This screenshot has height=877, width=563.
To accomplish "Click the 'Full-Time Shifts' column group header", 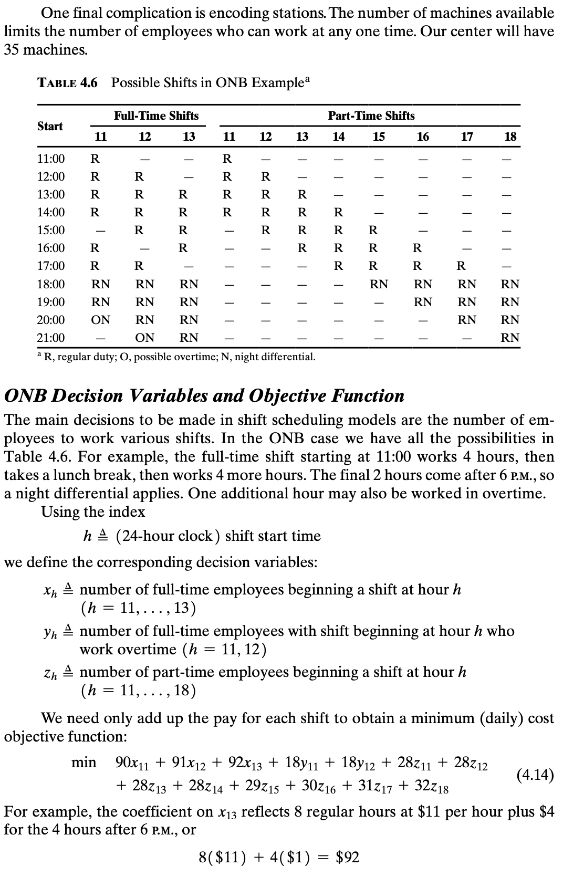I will pos(156,116).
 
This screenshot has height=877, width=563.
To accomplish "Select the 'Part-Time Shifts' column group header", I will pos(371,116).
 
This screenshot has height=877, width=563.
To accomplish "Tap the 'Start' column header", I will pos(50,126).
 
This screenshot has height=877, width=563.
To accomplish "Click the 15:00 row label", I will pos(51,230).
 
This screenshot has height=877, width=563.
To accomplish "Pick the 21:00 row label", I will pos(51,338).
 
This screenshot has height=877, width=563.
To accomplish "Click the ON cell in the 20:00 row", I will pos(100,320).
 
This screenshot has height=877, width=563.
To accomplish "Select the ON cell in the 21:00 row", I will pos(145,338).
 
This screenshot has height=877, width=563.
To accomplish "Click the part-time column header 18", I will pos(510,137).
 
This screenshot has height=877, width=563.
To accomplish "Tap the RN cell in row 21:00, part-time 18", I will pos(509,338).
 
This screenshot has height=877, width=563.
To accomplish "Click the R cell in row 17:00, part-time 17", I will pos(461,266).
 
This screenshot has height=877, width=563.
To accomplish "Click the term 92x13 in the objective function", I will pos(245,763).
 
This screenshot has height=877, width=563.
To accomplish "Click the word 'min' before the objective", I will pos(84,762).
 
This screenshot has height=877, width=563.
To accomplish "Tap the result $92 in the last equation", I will pos(347,858).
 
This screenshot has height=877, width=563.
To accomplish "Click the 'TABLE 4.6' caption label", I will pos(68,82).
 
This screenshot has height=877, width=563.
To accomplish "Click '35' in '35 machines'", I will pos(12,50).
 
